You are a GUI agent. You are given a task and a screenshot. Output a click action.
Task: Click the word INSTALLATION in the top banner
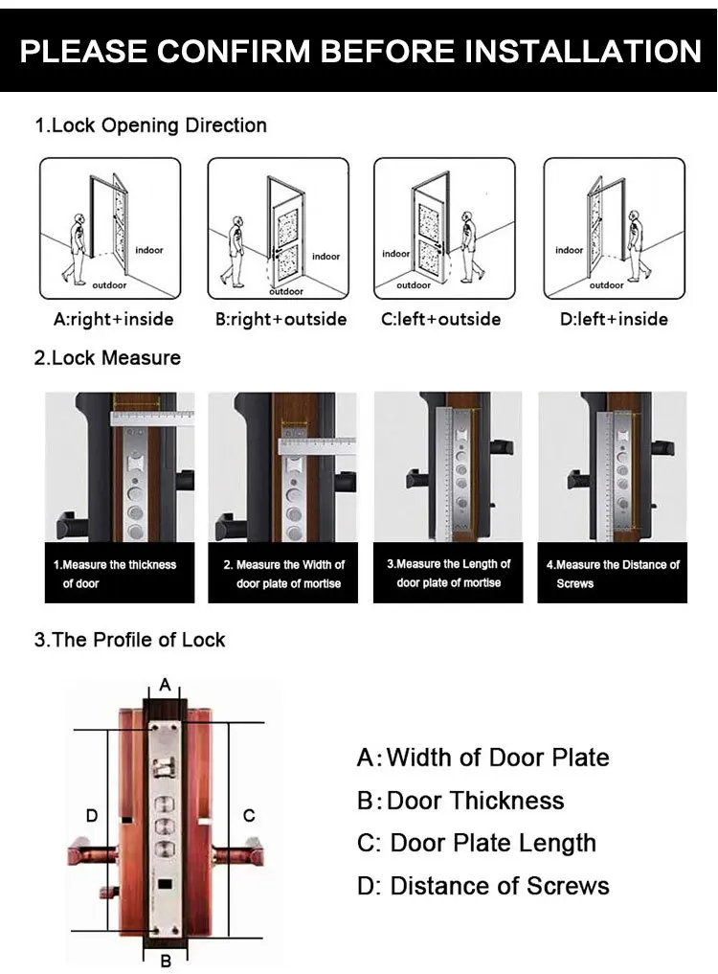[x=582, y=50]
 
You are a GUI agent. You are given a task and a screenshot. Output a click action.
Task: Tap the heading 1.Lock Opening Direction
[x=151, y=125]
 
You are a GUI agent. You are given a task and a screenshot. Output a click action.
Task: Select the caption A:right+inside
[x=109, y=319]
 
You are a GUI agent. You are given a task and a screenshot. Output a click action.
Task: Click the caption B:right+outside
[x=280, y=319]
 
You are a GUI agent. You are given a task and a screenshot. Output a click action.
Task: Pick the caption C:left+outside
[x=440, y=319]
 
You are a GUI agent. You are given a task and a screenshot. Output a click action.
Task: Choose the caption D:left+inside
[x=614, y=319]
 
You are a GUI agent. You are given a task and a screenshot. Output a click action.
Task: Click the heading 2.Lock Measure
[x=107, y=358]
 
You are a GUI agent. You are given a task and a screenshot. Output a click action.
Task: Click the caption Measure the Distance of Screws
[x=613, y=574]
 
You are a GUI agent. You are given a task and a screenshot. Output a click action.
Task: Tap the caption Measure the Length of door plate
[x=448, y=573]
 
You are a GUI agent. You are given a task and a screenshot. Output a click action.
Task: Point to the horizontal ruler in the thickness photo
[x=153, y=417]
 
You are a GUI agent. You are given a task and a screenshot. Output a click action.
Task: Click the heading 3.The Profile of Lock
[x=130, y=640]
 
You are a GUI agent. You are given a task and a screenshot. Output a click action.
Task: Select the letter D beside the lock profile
[x=92, y=816]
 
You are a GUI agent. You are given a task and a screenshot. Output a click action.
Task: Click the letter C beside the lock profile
[x=249, y=816]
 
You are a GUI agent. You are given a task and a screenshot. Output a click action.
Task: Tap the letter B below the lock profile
[x=165, y=959]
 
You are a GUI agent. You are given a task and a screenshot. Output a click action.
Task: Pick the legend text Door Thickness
[x=475, y=801]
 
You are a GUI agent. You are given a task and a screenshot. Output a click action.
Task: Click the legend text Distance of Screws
[x=499, y=886]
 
